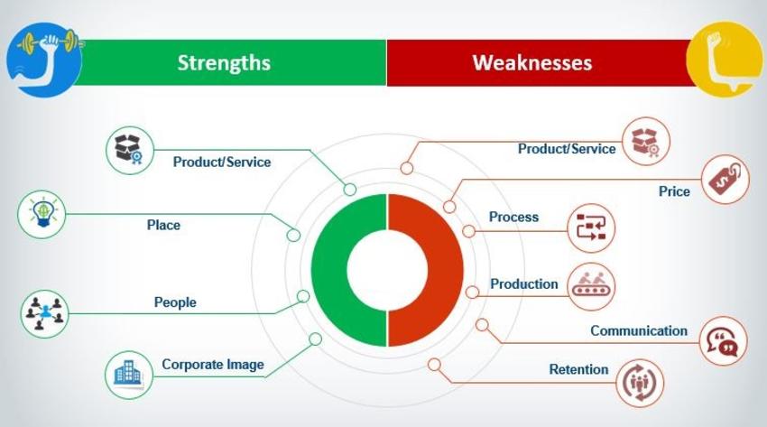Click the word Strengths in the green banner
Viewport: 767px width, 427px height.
click(x=224, y=62)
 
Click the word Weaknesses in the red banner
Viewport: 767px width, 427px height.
click(x=532, y=62)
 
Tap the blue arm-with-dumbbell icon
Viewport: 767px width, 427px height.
click(x=44, y=60)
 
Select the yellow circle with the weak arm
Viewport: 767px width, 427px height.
click(x=725, y=59)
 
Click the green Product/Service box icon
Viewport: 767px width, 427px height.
click(x=130, y=150)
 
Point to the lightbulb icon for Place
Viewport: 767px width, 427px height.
click(x=42, y=214)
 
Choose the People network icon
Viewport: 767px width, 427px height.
click(x=44, y=313)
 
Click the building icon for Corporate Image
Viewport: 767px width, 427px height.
click(x=129, y=375)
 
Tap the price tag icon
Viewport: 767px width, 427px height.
click(x=725, y=180)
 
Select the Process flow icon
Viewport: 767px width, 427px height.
click(x=591, y=227)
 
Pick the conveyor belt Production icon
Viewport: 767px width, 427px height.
click(x=591, y=287)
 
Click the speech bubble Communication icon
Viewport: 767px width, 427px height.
click(x=724, y=341)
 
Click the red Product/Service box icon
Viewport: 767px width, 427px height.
click(x=646, y=142)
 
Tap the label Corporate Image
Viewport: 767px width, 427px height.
click(x=213, y=365)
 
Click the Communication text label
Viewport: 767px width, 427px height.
click(x=639, y=330)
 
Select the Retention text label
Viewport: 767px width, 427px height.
click(x=578, y=369)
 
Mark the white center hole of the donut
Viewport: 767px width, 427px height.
click(x=387, y=270)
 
